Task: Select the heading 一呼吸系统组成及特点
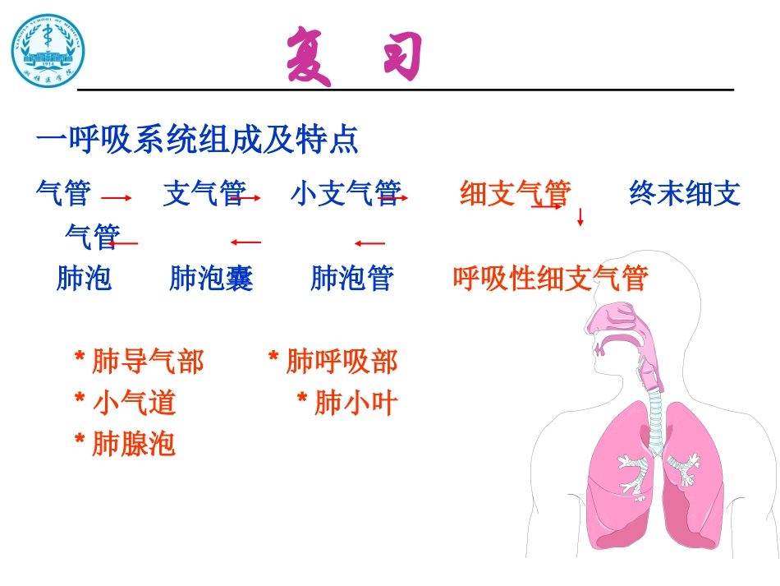(x=197, y=141)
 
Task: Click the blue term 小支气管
(x=345, y=194)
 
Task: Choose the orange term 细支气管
(x=515, y=194)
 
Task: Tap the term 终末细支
(x=684, y=194)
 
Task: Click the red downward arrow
(x=580, y=218)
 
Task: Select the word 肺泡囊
(x=211, y=279)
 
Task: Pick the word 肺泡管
(x=351, y=279)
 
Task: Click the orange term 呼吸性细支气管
(x=550, y=279)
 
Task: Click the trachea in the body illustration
(x=655, y=419)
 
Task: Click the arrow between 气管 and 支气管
(x=117, y=198)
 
